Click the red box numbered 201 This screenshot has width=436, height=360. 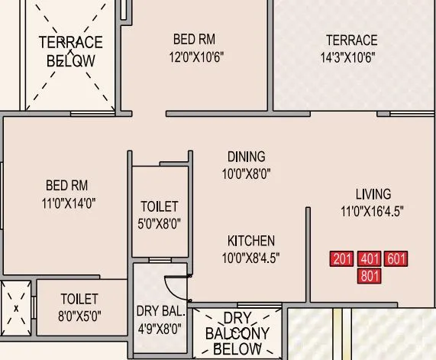(x=343, y=258)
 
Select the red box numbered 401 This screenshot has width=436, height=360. (x=370, y=258)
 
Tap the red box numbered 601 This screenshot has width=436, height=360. (x=396, y=258)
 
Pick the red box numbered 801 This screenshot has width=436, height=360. (x=370, y=275)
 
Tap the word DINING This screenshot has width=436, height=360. (x=246, y=157)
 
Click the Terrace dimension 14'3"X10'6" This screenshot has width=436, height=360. (x=351, y=57)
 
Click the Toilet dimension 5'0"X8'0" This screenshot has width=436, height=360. (x=160, y=224)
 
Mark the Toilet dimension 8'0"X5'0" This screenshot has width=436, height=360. (x=79, y=315)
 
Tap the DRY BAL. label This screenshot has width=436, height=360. (x=160, y=310)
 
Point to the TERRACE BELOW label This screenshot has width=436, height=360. (x=70, y=51)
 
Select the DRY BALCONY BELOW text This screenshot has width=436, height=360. (x=237, y=334)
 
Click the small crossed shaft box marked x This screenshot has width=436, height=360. (x=16, y=308)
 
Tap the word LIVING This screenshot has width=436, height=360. (x=373, y=193)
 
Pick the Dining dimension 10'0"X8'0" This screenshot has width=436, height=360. (x=246, y=174)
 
